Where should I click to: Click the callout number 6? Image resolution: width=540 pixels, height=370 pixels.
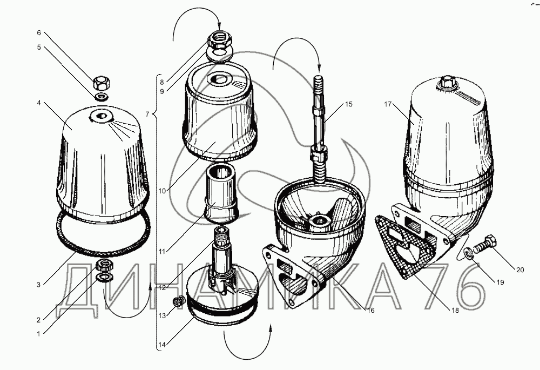coord(39,33)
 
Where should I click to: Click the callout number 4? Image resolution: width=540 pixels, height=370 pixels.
coord(39,103)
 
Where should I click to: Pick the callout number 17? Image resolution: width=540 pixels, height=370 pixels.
coord(388,104)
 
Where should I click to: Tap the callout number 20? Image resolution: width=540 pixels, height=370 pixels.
coord(520,270)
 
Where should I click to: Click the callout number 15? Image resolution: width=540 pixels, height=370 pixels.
coord(349,104)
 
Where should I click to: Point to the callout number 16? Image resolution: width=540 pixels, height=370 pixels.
coord(370,311)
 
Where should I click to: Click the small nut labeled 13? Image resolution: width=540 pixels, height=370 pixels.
coord(178,302)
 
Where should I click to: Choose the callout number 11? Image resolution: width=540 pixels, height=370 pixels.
coord(162,252)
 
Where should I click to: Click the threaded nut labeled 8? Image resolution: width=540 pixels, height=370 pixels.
coord(219,39)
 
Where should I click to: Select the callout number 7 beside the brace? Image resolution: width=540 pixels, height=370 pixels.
coord(147,114)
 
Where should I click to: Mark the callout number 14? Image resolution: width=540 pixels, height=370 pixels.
coord(162,345)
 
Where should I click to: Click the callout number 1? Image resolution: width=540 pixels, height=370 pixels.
coord(39,333)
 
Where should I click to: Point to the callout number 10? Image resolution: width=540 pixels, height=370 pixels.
coord(162,191)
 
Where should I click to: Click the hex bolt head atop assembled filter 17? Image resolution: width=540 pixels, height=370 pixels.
coord(447,82)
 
